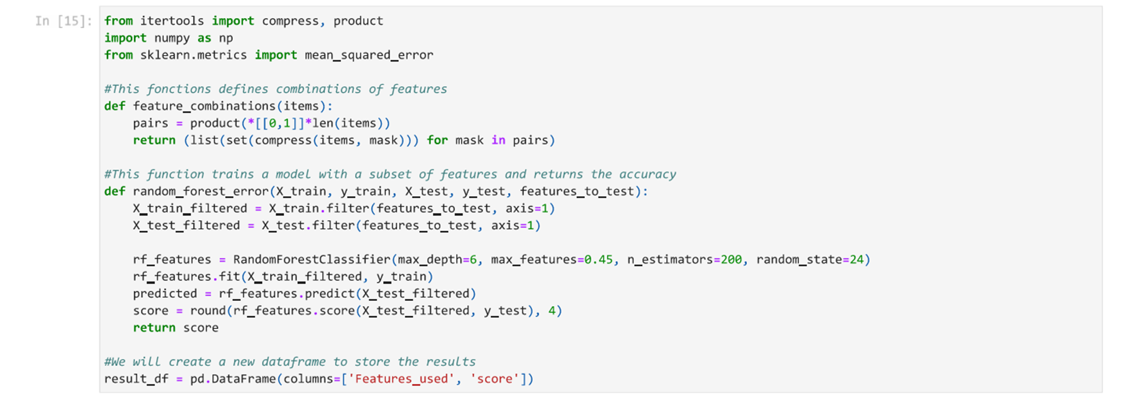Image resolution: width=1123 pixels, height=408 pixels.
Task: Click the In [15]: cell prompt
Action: (63, 21)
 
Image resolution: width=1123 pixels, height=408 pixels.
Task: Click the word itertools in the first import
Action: (172, 21)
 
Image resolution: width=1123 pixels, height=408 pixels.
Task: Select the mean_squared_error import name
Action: (368, 55)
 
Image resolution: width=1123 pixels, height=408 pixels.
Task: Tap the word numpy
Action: (172, 38)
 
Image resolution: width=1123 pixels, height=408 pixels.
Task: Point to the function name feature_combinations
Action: (204, 106)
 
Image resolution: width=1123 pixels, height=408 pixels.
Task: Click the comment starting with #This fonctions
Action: (275, 89)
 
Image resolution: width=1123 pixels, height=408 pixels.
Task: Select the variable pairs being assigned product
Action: (150, 123)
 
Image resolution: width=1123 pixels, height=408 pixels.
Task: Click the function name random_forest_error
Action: (201, 191)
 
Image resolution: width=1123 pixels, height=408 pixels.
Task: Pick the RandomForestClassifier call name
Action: (311, 259)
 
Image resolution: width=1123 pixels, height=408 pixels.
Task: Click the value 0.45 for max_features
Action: (598, 259)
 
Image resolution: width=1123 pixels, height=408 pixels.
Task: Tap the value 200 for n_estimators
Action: (731, 259)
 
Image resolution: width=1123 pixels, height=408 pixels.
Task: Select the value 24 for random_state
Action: (856, 259)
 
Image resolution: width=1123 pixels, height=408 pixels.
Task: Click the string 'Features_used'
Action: (401, 379)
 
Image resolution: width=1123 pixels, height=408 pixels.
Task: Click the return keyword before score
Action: (154, 328)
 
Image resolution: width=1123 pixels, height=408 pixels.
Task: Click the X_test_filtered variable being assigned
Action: (186, 225)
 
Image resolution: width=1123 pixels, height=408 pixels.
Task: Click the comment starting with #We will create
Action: (290, 362)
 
